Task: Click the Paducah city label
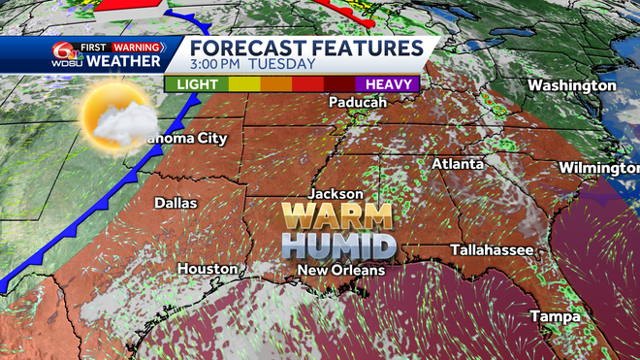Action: click(x=359, y=102)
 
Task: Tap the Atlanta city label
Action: click(x=458, y=164)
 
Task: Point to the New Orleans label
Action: click(x=341, y=270)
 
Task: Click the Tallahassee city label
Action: click(x=492, y=250)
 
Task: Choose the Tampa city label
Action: click(x=555, y=317)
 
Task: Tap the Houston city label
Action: click(x=208, y=268)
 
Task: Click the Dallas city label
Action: click(x=176, y=203)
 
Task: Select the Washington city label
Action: click(x=572, y=85)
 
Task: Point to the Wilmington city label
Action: click(x=599, y=168)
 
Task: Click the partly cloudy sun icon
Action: click(x=115, y=117)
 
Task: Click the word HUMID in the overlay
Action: click(x=338, y=244)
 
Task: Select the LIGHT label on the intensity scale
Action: click(x=197, y=84)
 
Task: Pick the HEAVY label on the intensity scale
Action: click(x=386, y=84)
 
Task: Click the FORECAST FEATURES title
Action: click(x=306, y=47)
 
